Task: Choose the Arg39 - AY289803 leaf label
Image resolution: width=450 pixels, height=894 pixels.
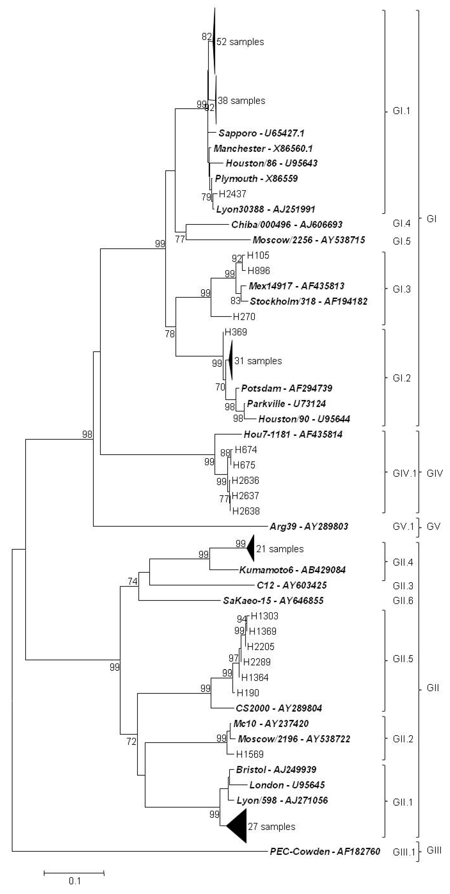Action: [309, 527]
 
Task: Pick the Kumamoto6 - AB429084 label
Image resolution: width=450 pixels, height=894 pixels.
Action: [292, 570]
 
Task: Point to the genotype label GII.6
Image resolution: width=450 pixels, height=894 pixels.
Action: [403, 601]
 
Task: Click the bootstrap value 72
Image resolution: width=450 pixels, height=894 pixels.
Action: [131, 742]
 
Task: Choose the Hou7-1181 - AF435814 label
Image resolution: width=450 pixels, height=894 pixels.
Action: [293, 434]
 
